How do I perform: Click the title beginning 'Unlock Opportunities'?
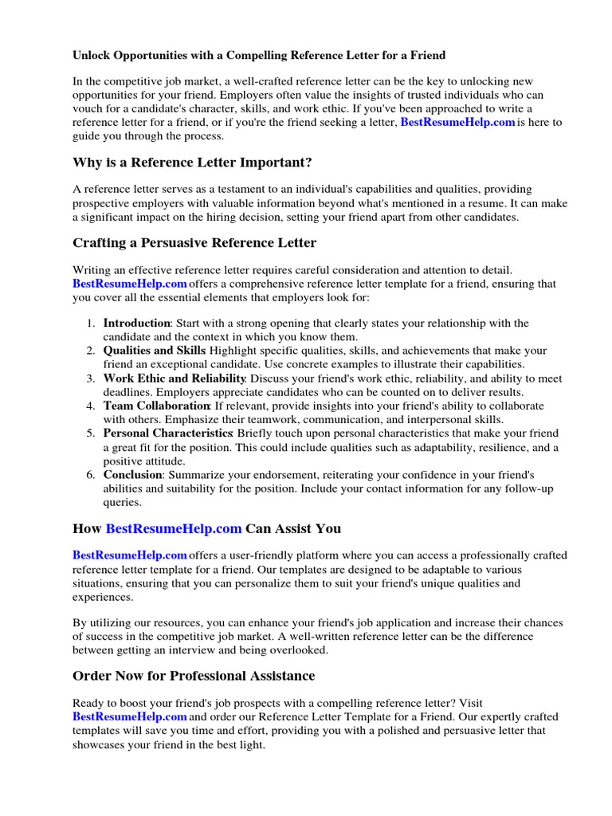[x=259, y=56]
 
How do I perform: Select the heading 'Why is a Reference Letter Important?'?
[x=192, y=163]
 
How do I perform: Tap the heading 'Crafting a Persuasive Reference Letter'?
[x=194, y=243]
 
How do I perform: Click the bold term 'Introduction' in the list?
[x=137, y=324]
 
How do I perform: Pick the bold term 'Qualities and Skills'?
[x=154, y=351]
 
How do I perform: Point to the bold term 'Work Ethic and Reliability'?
[x=175, y=379]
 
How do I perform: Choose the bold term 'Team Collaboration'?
[x=156, y=406]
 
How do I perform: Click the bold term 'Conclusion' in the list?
[x=133, y=475]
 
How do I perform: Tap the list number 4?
[x=91, y=406]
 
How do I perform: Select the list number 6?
[x=91, y=475]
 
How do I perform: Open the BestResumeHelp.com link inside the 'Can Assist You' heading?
[x=173, y=528]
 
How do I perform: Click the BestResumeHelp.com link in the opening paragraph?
[x=457, y=123]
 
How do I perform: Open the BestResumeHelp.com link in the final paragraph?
[x=130, y=717]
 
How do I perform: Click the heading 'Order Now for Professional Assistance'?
[x=194, y=676]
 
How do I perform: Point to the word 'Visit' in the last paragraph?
[x=468, y=704]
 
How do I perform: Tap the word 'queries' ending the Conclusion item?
[x=122, y=503]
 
